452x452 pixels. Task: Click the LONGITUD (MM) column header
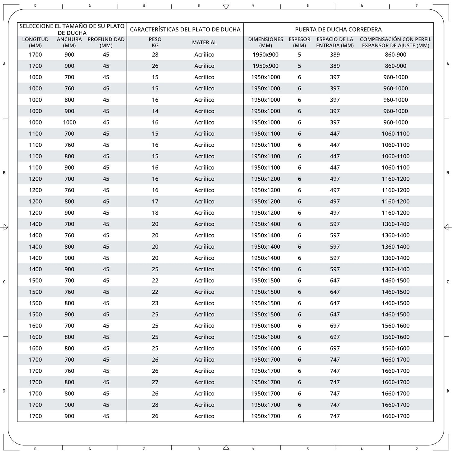[35, 42]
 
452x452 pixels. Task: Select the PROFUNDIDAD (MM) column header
[106, 42]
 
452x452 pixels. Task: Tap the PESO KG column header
[155, 42]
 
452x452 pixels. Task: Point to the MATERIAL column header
[204, 42]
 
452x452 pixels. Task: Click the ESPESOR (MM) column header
[299, 42]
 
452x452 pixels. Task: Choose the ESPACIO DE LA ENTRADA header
[335, 42]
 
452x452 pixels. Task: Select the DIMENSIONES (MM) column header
[265, 42]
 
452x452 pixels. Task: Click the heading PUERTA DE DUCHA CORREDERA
[338, 30]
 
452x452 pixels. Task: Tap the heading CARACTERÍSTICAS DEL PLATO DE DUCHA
[185, 30]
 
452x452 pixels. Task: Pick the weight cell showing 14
[155, 111]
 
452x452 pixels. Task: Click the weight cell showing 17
[155, 201]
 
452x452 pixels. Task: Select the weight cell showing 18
[155, 213]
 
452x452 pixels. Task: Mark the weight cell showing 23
[155, 303]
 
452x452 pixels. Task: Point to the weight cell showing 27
[155, 382]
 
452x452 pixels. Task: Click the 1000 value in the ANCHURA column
[69, 122]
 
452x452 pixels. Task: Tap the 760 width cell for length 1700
[69, 371]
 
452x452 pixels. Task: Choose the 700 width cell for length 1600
[69, 326]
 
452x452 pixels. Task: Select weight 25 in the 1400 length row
[155, 269]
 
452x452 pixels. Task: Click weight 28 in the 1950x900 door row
[155, 55]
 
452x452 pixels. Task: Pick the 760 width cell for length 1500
[69, 292]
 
